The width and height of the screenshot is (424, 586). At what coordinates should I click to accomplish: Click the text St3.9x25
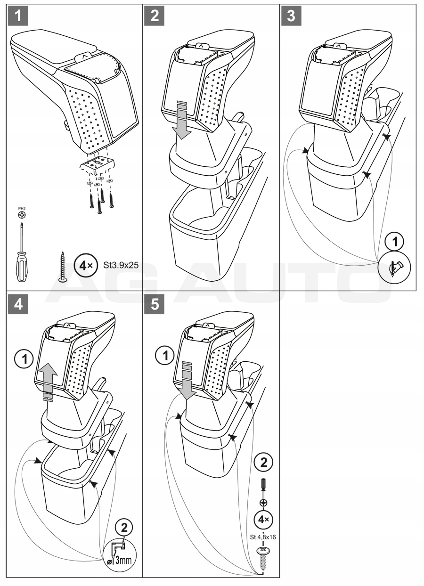tap(121, 265)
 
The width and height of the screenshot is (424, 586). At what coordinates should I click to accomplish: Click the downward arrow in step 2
tap(182, 122)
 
